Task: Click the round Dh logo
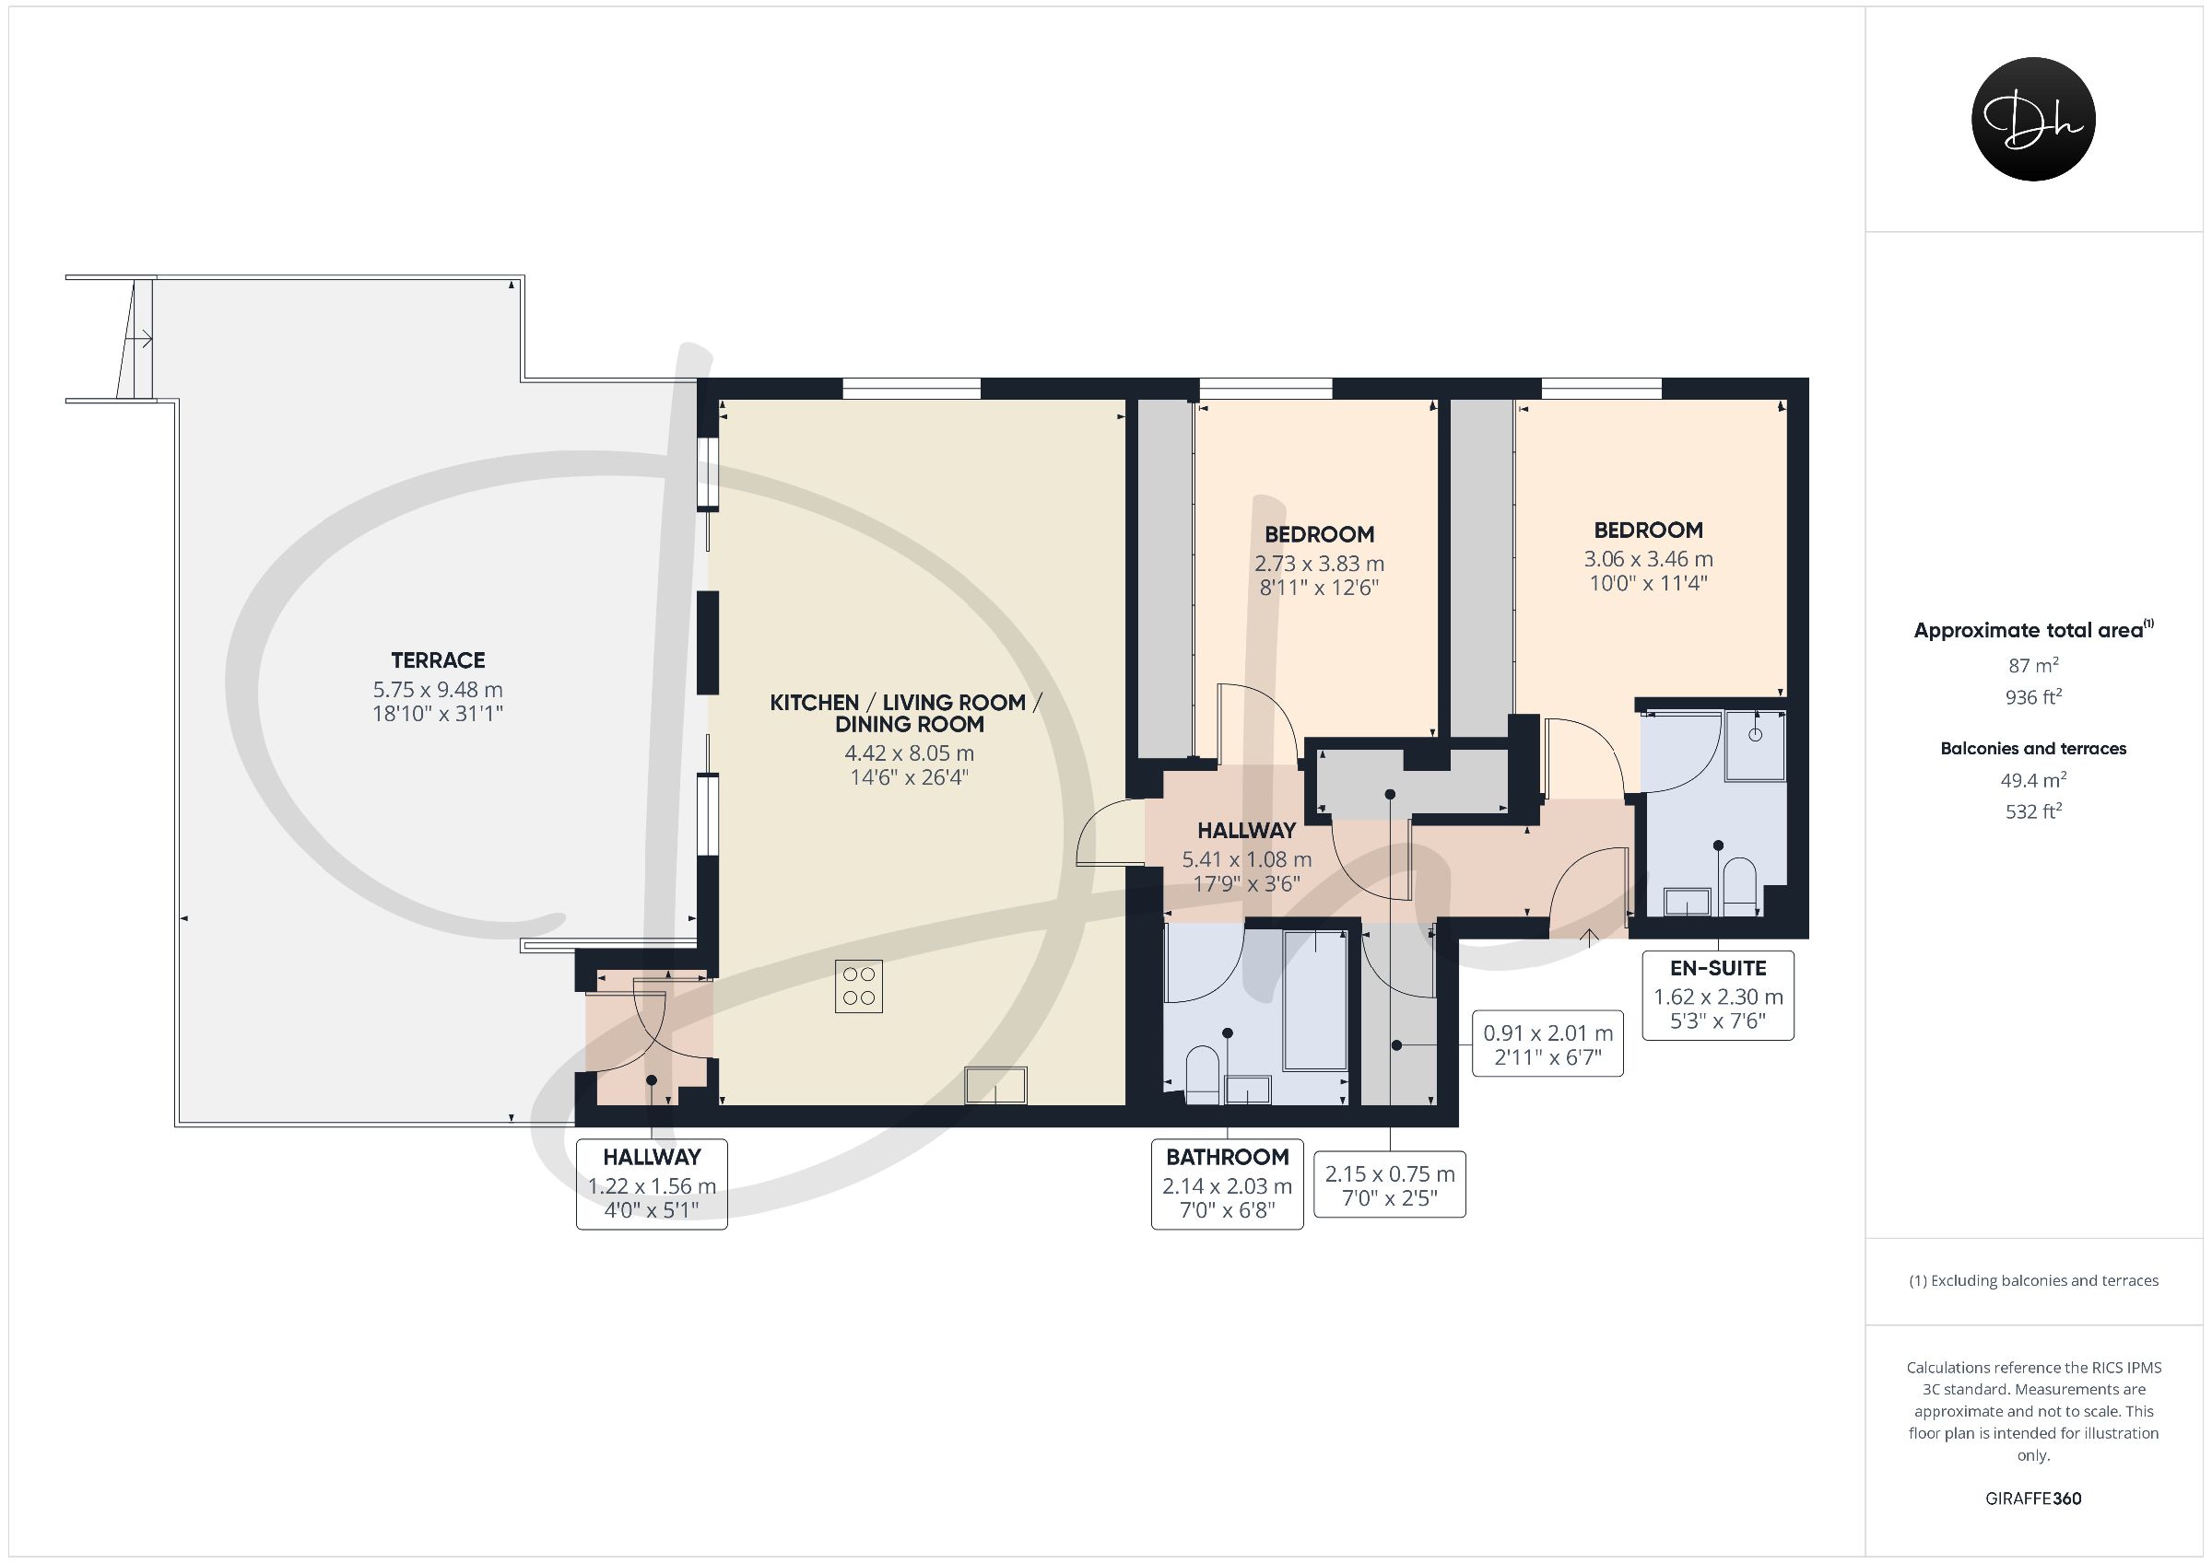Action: [2033, 119]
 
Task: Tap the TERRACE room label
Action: [438, 660]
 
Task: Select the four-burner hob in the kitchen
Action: [858, 987]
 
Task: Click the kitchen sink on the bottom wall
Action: [996, 1084]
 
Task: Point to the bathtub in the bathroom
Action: [1315, 999]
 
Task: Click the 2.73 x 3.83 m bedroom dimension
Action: [1319, 564]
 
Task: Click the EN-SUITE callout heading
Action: [1719, 968]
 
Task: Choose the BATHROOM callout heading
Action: [1228, 1157]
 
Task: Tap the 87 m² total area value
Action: [2033, 664]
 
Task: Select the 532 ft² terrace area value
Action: [2033, 811]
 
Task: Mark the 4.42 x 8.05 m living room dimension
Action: [910, 753]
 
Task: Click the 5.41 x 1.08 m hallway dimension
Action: [1247, 859]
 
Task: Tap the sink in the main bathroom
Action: [1248, 1091]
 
